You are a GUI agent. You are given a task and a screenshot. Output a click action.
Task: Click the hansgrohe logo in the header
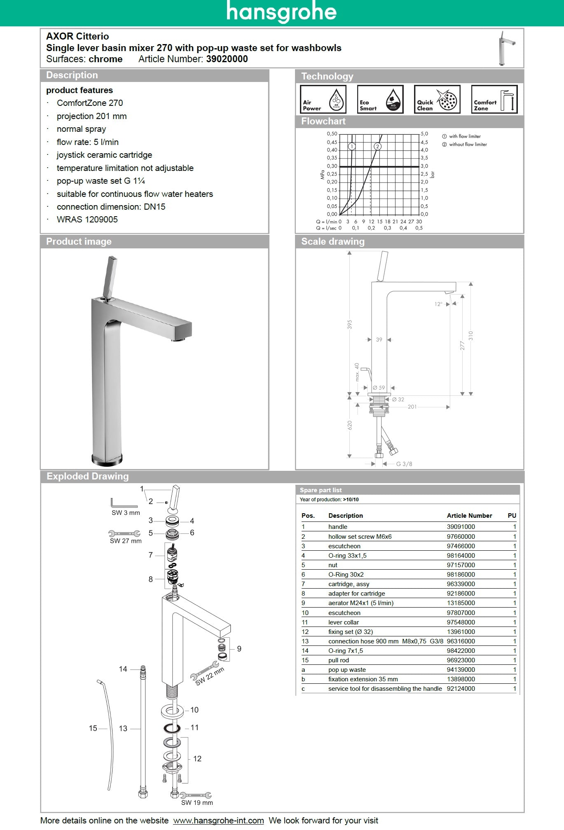(x=281, y=12)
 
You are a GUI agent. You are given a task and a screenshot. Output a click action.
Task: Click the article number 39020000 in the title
(x=227, y=59)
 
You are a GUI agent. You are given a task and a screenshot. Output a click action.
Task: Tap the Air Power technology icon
(x=323, y=99)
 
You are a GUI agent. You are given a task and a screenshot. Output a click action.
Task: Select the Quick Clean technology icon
(x=437, y=99)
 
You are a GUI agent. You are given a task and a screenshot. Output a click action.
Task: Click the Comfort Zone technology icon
(x=494, y=99)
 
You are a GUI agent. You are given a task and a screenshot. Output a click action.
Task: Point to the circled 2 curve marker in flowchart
(x=377, y=146)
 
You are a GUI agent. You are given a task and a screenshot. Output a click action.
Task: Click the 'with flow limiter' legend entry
(x=464, y=136)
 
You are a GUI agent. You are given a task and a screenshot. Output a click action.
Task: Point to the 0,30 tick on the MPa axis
(x=332, y=166)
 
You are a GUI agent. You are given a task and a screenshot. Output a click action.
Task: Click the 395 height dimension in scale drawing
(x=350, y=325)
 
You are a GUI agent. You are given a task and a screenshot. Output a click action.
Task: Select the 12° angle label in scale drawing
(x=438, y=304)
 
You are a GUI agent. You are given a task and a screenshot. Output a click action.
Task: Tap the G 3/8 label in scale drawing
(x=404, y=464)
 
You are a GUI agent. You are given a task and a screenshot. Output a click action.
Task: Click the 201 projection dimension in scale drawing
(x=412, y=407)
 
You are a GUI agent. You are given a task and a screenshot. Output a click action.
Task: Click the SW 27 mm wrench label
(x=126, y=541)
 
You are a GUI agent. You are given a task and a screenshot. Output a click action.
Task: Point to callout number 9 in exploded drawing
(x=239, y=649)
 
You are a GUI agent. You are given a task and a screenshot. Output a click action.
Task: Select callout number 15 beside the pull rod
(x=93, y=728)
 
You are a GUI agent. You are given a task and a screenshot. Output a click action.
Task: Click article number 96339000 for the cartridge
(x=461, y=584)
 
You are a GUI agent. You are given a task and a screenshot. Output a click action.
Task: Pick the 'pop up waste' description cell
(x=347, y=670)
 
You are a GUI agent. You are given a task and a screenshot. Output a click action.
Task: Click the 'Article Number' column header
(x=469, y=515)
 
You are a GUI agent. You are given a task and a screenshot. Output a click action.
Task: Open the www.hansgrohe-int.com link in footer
(x=218, y=821)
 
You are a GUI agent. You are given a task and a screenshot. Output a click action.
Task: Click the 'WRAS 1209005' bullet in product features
(x=87, y=220)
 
